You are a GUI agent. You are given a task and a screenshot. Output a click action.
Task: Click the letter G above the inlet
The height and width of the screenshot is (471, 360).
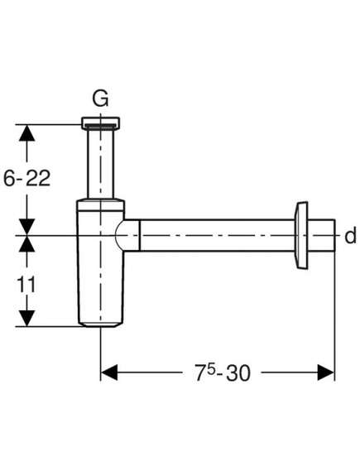click(100, 99)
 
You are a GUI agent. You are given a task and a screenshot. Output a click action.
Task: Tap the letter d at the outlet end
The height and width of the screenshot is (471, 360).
click(350, 235)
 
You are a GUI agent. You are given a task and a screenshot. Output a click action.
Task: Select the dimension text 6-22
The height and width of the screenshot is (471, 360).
click(26, 179)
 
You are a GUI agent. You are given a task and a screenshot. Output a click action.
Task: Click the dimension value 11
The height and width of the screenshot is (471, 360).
click(26, 285)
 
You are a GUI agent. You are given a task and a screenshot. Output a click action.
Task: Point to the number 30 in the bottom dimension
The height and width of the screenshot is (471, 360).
click(238, 373)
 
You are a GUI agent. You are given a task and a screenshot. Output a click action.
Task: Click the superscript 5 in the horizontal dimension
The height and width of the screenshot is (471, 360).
click(211, 369)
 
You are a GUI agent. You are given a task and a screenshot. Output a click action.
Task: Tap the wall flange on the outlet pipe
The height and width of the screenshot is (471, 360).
click(301, 235)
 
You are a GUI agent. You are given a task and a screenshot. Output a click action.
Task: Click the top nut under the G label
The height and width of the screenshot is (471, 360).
click(101, 123)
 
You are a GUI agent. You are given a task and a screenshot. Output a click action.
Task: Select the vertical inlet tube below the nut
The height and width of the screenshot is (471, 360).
click(101, 164)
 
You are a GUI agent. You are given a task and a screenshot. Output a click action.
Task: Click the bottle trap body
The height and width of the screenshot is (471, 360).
click(100, 263)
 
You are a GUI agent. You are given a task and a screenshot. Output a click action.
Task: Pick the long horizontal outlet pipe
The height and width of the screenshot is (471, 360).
click(217, 235)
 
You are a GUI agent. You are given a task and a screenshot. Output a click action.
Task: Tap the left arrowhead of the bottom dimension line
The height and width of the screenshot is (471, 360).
click(109, 372)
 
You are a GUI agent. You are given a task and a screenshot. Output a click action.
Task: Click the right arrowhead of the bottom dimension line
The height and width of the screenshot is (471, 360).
click(326, 372)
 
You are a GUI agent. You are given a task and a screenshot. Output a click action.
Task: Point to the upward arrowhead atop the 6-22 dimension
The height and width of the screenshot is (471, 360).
click(27, 132)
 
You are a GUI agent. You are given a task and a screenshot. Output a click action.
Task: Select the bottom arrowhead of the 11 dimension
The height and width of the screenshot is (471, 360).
click(27, 318)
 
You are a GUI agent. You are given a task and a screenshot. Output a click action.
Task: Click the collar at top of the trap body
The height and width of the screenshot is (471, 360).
click(100, 204)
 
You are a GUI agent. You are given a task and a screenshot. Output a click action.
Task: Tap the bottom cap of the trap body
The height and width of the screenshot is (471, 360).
click(101, 324)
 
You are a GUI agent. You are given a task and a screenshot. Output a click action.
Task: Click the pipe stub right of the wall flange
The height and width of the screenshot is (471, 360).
click(321, 235)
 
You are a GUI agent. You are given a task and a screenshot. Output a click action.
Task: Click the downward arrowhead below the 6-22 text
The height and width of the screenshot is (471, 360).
click(27, 227)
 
